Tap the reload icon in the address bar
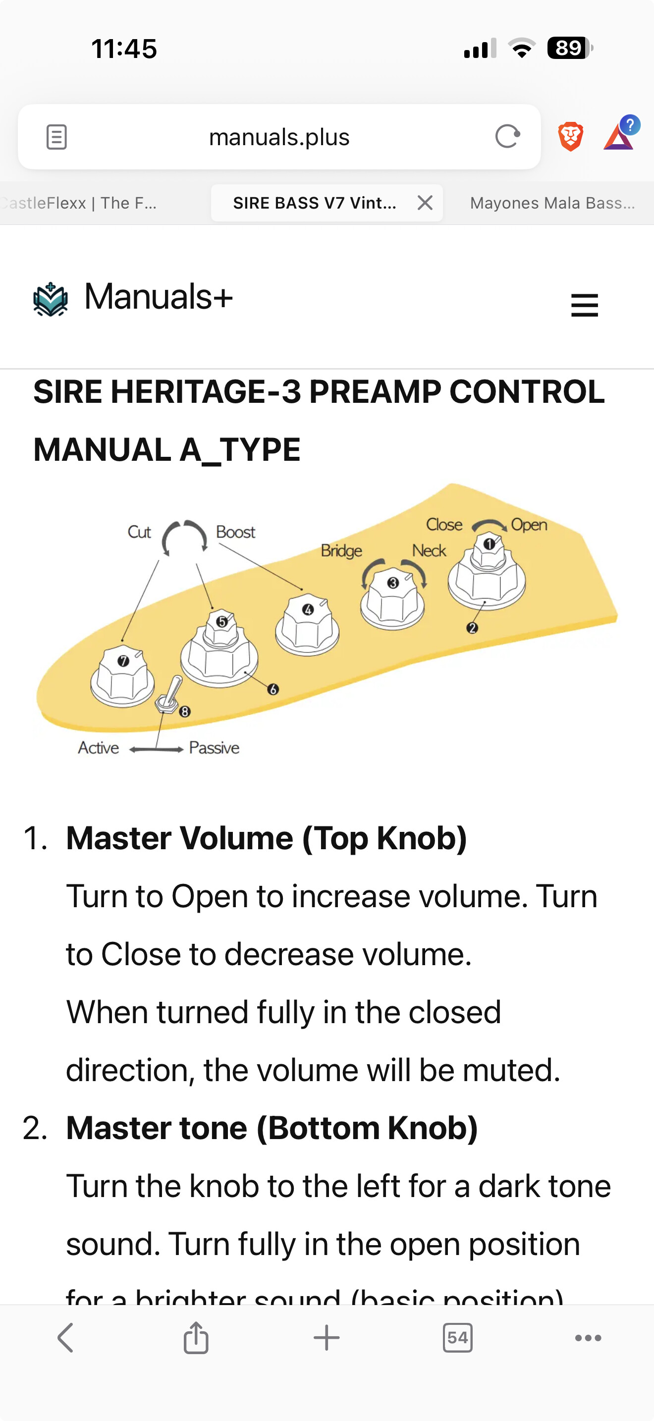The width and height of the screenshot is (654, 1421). (x=507, y=136)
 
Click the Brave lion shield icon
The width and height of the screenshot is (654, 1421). (x=570, y=136)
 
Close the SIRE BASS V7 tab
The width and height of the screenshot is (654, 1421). (x=425, y=203)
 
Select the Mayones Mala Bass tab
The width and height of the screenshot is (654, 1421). (x=552, y=203)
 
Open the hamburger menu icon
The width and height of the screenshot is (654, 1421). (x=585, y=305)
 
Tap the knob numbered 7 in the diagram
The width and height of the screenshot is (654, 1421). (x=122, y=676)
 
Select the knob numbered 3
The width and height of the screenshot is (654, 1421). (x=392, y=598)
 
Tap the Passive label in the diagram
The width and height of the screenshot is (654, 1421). (x=214, y=748)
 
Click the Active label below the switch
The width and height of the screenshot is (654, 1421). (x=99, y=748)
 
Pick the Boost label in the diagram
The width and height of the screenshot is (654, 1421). (x=235, y=532)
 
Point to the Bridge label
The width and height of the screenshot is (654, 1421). (x=341, y=550)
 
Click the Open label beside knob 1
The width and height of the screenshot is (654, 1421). (x=529, y=525)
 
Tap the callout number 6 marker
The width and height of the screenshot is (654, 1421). (x=273, y=690)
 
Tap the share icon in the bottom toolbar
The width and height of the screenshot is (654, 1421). (x=196, y=1338)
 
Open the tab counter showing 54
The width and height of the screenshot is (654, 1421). (x=457, y=1338)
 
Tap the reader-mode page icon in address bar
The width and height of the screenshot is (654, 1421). (x=56, y=137)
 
